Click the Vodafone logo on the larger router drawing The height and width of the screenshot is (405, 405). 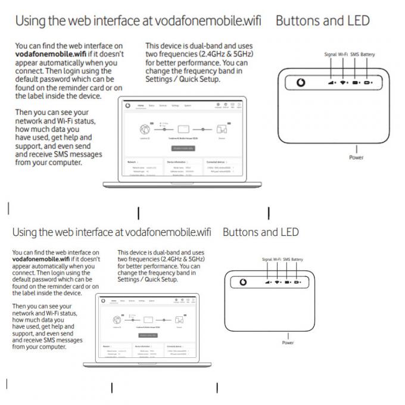301,83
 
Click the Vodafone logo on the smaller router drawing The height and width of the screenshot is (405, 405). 243,282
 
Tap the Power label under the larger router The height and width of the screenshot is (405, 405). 356,158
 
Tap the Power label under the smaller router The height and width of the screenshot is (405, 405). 288,342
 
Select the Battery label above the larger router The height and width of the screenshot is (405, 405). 367,55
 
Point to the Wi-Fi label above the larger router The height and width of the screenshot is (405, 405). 343,55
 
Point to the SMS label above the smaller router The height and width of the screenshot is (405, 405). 286,260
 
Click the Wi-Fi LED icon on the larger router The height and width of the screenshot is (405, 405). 344,83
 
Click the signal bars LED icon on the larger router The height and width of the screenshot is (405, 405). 331,83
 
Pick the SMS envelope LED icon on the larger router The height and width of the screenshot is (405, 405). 356,83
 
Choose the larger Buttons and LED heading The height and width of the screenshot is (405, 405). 322,21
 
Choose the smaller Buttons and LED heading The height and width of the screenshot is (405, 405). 260,232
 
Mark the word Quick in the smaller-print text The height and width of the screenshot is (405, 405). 157,279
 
